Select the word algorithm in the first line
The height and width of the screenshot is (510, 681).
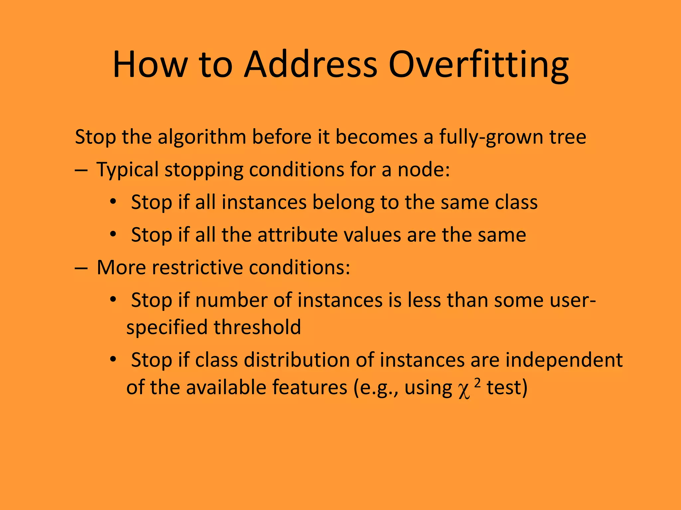[x=202, y=137]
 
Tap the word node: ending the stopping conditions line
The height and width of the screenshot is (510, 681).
[x=424, y=170]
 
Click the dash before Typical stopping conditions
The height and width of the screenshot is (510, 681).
[x=81, y=170]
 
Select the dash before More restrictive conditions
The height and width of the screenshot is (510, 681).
[x=81, y=268]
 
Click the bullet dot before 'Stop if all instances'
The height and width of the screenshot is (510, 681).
[x=113, y=202]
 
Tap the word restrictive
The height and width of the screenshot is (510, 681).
[x=198, y=268]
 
